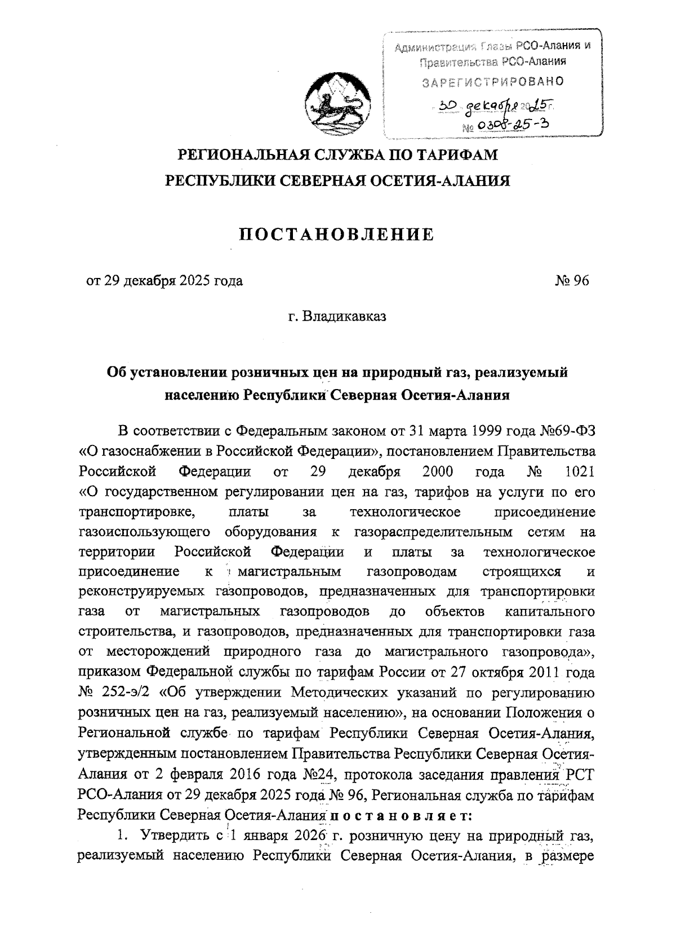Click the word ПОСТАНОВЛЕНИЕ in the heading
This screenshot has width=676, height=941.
coord(336,235)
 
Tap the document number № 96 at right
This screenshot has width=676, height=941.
coord(571,280)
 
